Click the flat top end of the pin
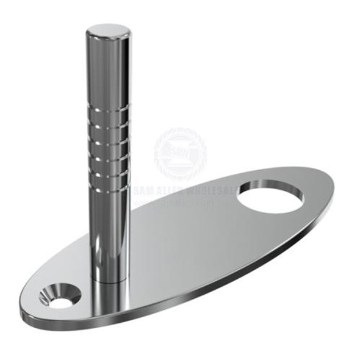[x=107, y=31]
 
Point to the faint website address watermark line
[x=183, y=201]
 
